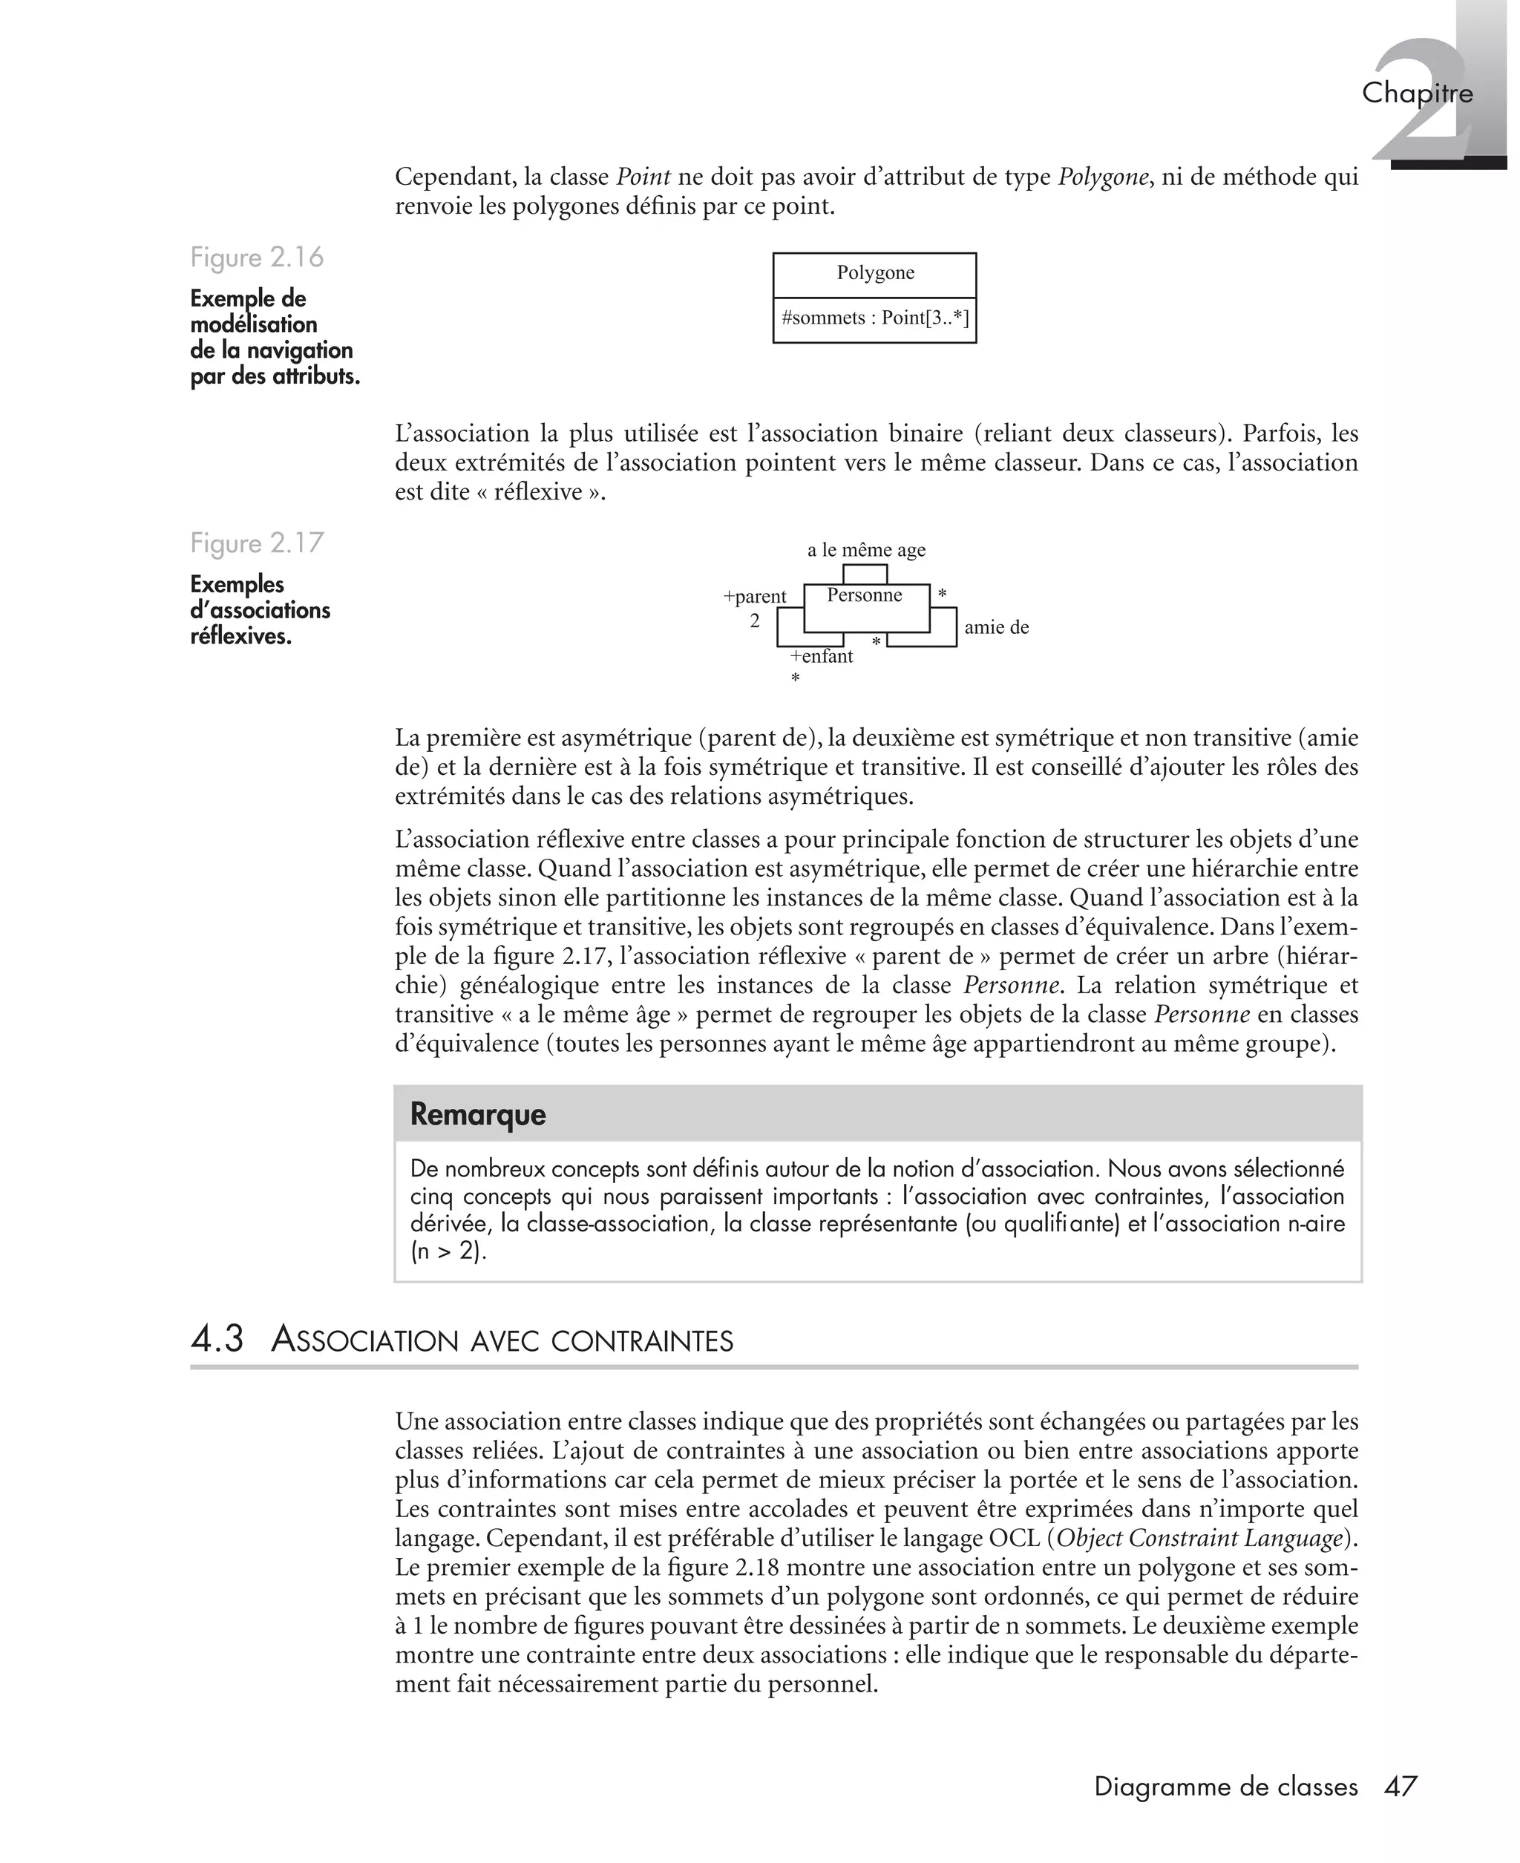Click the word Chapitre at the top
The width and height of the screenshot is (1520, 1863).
[1417, 93]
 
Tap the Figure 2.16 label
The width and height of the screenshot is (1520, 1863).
[257, 258]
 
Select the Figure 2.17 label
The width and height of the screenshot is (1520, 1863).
[257, 543]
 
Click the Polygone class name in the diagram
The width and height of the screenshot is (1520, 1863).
[875, 273]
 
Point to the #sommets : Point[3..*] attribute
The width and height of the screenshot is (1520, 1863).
[875, 318]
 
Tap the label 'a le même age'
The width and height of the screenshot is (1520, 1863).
[865, 550]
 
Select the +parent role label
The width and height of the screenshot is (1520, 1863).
[754, 597]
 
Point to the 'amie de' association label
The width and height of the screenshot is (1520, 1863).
[997, 627]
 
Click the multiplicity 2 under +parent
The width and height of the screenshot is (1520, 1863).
[754, 621]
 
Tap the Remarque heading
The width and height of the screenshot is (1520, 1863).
[477, 1115]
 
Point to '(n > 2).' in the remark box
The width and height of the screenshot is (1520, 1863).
[448, 1251]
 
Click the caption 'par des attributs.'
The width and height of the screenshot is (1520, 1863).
[275, 377]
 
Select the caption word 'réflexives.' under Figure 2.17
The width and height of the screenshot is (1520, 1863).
[240, 637]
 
